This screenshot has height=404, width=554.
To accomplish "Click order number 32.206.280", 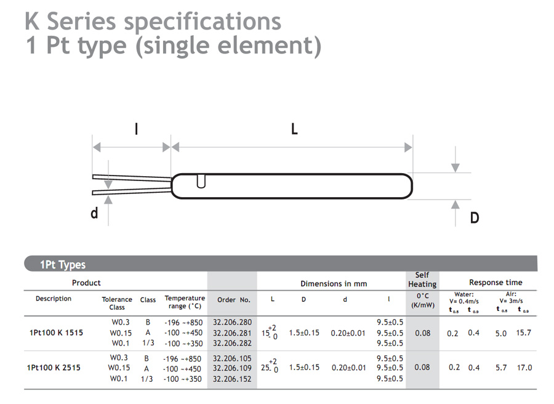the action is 232,322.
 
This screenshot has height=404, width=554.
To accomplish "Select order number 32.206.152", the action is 232,379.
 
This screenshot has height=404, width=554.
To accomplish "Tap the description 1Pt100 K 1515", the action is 56,333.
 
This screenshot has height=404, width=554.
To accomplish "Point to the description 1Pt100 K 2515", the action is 54,368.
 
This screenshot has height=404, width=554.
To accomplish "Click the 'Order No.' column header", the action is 233,300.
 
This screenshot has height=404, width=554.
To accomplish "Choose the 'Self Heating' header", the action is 422,280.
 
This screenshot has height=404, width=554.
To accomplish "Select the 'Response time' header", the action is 496,283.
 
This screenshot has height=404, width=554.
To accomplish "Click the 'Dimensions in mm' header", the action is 334,283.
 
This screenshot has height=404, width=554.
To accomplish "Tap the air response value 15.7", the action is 523,333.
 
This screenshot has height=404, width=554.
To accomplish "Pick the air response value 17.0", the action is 524,368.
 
